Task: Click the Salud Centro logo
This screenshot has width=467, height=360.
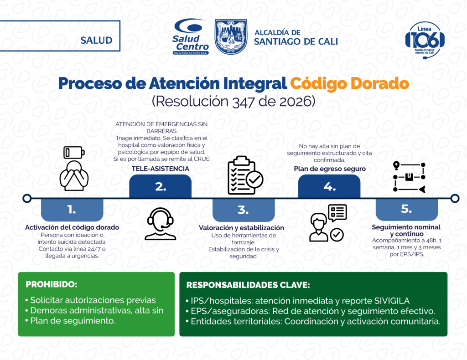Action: pyautogui.click(x=191, y=36)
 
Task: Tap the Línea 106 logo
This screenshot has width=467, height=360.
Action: pyautogui.click(x=425, y=40)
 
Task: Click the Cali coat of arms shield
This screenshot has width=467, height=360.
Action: pyautogui.click(x=231, y=36)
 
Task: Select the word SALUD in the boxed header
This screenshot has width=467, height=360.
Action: pyautogui.click(x=96, y=40)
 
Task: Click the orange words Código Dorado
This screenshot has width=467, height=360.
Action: pyautogui.click(x=349, y=83)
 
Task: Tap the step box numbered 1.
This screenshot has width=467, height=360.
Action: pyautogui.click(x=72, y=210)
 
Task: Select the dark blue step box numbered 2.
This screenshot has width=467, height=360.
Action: pyautogui.click(x=160, y=186)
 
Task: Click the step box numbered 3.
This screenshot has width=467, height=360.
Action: pyautogui.click(x=244, y=210)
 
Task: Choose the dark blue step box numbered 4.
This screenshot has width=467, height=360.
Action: pyautogui.click(x=329, y=186)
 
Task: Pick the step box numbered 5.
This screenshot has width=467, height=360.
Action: pyautogui.click(x=406, y=209)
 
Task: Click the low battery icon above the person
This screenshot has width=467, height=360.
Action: pyautogui.click(x=74, y=152)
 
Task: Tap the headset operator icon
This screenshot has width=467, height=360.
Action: pyautogui.click(x=160, y=224)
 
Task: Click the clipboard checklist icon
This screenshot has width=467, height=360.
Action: pyautogui.click(x=245, y=175)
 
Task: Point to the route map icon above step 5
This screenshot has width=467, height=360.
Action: pyautogui.click(x=409, y=177)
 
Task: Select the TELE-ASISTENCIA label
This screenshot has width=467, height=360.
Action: pyautogui.click(x=160, y=169)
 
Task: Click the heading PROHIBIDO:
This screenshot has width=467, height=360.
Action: pyautogui.click(x=52, y=284)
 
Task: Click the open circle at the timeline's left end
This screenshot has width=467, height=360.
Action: pyautogui.click(x=27, y=198)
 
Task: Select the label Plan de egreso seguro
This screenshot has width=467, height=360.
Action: pyautogui.click(x=330, y=169)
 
